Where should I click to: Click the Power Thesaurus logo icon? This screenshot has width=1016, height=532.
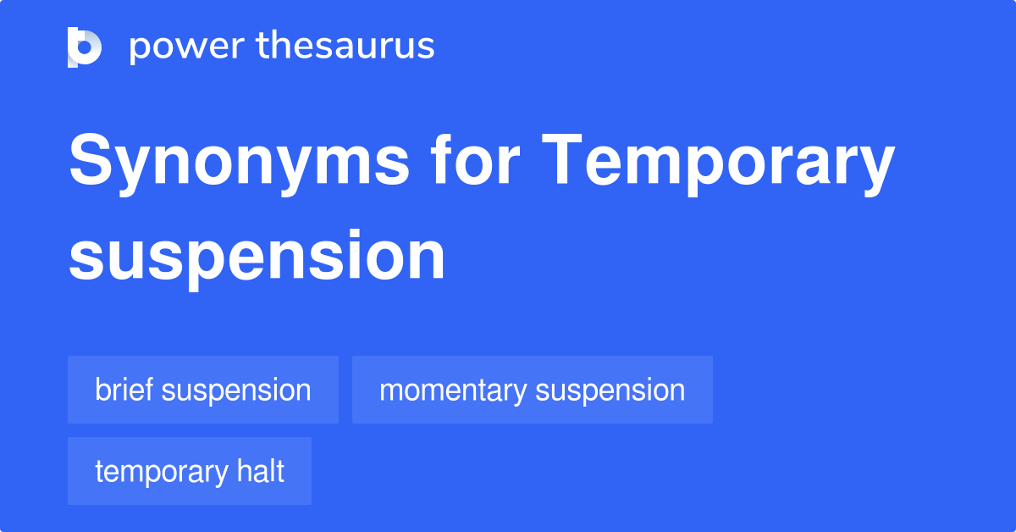point(85,47)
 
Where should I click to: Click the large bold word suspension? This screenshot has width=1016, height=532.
point(257,256)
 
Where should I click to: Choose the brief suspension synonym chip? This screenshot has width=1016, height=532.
point(203,391)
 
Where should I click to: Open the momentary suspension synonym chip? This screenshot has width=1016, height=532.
point(532,391)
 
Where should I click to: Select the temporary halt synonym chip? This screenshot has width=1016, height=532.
point(190,472)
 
